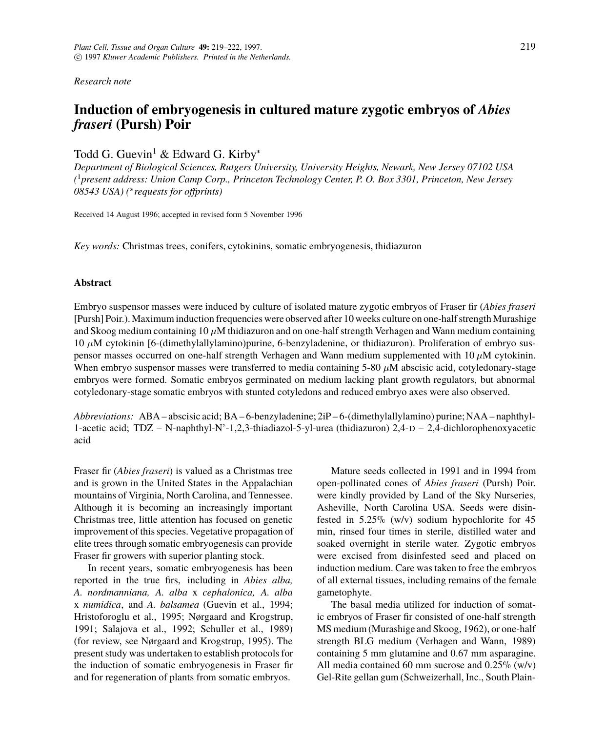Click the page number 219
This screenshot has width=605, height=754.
[527, 47]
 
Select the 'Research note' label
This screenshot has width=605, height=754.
[102, 81]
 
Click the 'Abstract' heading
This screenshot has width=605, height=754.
[93, 283]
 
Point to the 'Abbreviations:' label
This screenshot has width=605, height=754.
[103, 417]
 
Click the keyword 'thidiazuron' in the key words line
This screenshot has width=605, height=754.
[398, 246]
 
